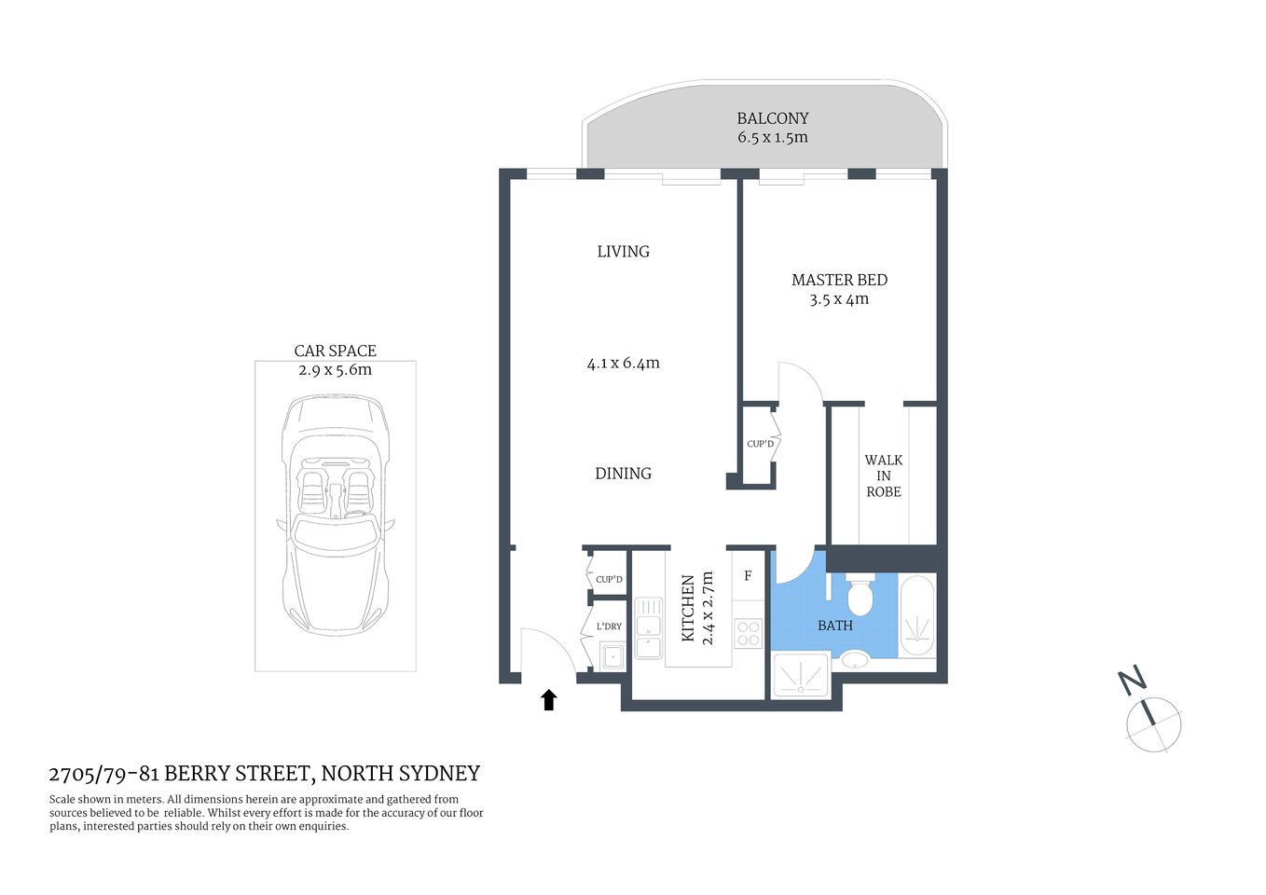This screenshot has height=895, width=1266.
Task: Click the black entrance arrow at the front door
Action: point(549,700)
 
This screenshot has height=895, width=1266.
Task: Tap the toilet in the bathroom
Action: point(860,597)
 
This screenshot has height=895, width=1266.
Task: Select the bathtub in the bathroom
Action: point(917,617)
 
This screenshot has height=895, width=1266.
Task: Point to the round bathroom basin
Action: point(854,660)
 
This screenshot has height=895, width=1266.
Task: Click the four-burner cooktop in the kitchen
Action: point(749,634)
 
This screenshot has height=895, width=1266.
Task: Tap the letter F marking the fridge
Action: point(748,576)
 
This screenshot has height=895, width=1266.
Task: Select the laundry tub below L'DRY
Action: point(612,656)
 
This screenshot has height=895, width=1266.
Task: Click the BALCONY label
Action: point(772,118)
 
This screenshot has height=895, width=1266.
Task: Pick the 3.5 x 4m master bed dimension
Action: point(839,299)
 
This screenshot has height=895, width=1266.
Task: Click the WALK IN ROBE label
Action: point(884,475)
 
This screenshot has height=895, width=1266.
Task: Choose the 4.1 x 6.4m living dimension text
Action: point(623,364)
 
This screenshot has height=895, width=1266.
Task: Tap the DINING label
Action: point(623,474)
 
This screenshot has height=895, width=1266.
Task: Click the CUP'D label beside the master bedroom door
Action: point(760,444)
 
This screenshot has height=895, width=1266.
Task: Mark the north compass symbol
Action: point(1153,723)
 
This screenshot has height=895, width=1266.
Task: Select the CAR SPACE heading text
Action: point(335,351)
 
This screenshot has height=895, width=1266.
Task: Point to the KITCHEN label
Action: point(688,608)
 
